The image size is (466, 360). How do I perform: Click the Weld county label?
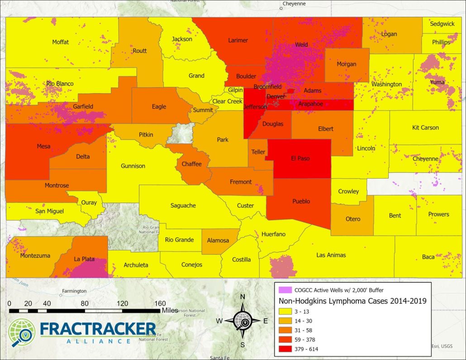pyautogui.click(x=301, y=45)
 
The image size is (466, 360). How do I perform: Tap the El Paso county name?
pyautogui.click(x=300, y=159)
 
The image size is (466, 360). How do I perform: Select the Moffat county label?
pyautogui.click(x=61, y=42)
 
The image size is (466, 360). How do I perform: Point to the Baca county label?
pyautogui.click(x=428, y=257)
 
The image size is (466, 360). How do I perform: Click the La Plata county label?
pyautogui.click(x=84, y=259)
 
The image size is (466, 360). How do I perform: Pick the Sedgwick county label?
pyautogui.click(x=442, y=24)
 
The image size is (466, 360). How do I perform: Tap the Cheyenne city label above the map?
pyautogui.click(x=294, y=4)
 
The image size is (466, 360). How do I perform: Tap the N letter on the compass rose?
pyautogui.click(x=243, y=297)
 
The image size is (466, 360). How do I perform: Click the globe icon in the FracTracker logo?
pyautogui.click(x=21, y=332)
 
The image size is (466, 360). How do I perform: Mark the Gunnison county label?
pyautogui.click(x=133, y=166)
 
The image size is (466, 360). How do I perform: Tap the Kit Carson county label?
pyautogui.click(x=425, y=128)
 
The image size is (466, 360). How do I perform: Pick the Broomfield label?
pyautogui.click(x=267, y=86)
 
